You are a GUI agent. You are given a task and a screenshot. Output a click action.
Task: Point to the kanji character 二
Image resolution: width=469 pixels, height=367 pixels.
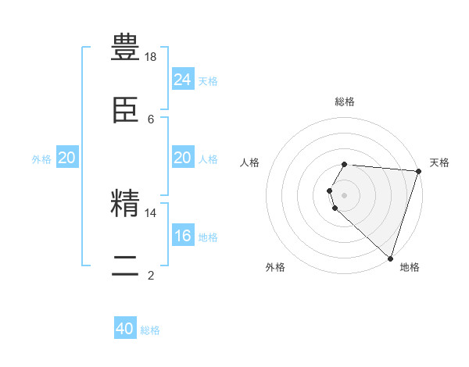(x=125, y=265)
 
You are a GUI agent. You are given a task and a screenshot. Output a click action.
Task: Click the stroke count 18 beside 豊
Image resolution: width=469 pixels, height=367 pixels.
(x=151, y=56)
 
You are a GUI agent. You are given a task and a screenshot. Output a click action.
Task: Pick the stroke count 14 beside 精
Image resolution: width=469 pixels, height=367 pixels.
(x=151, y=212)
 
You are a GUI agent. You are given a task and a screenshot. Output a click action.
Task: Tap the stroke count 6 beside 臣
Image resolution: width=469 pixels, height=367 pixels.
(x=151, y=119)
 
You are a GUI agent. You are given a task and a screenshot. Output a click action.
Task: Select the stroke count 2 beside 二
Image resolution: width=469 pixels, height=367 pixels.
(x=151, y=274)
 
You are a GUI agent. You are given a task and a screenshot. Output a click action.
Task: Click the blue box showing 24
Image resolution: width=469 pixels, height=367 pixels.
(x=182, y=80)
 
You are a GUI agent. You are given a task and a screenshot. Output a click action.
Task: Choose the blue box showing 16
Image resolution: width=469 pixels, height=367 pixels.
(x=182, y=236)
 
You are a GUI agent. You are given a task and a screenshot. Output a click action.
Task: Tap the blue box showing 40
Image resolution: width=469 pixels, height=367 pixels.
(x=125, y=329)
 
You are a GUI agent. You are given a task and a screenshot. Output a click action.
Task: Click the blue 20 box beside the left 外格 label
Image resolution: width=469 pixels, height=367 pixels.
(x=67, y=158)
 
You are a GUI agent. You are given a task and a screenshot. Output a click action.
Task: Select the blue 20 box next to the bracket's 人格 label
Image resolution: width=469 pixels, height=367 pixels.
(x=182, y=158)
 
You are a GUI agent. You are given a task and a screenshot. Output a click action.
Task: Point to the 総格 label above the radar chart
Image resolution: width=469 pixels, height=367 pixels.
(x=345, y=102)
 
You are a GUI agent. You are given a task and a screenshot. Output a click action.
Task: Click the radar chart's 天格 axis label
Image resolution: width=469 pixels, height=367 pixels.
(x=439, y=162)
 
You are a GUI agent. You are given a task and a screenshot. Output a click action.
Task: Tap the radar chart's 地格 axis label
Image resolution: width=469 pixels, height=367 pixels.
(x=410, y=267)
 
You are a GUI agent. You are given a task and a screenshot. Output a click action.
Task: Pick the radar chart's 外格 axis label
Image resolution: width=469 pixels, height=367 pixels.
(x=275, y=267)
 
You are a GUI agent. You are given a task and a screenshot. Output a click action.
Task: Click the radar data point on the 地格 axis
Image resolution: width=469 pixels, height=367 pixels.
(x=390, y=258)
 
